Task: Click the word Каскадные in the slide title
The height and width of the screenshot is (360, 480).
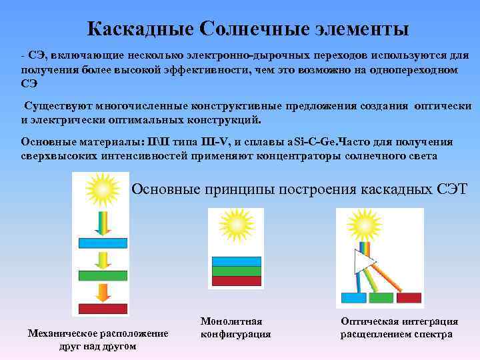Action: point(139,29)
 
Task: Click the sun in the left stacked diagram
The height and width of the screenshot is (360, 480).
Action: point(101,189)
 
